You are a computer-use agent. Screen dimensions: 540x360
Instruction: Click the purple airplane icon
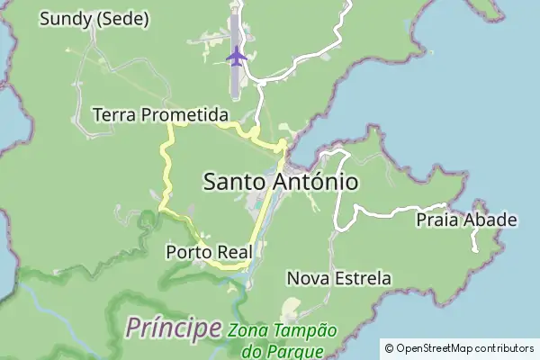[x=237, y=56]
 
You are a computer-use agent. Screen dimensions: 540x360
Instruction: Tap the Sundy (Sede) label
[x=94, y=19]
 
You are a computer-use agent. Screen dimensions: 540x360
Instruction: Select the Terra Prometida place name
[x=160, y=115]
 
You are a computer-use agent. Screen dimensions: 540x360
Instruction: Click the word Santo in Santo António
[x=234, y=182]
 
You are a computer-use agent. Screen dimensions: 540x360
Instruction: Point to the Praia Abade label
[x=466, y=220]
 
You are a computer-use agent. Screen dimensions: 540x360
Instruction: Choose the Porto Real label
[x=209, y=251]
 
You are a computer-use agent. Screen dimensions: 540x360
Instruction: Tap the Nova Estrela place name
[x=338, y=278]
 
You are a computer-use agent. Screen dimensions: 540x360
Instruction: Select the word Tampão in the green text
[x=303, y=330]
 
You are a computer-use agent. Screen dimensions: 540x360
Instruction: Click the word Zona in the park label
[x=246, y=330]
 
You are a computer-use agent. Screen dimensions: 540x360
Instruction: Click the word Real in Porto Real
[x=233, y=251]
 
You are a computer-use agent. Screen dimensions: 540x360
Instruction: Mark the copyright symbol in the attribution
[x=389, y=348]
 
